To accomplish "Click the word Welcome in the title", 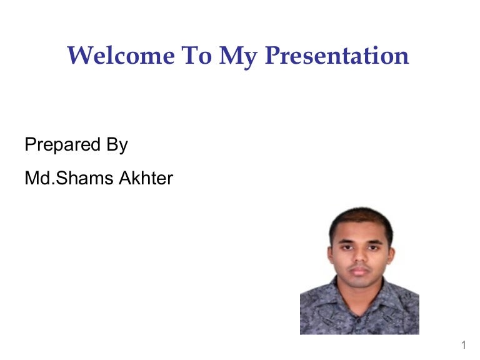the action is click(x=121, y=56).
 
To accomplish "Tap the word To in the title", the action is click(x=196, y=56).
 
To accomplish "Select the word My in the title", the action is click(x=239, y=57).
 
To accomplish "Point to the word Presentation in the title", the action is click(x=337, y=56).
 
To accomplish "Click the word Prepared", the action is click(x=62, y=145).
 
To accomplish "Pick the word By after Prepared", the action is click(x=117, y=145).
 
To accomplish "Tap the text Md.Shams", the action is click(x=69, y=178).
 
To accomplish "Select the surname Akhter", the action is click(x=146, y=178).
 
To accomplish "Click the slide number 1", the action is click(x=464, y=345).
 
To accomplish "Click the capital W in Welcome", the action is click(x=80, y=56).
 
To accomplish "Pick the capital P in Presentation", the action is click(x=274, y=56).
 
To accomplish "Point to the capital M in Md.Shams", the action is click(x=32, y=178).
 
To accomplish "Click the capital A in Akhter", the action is click(x=126, y=178).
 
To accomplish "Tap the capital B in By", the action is click(x=112, y=144).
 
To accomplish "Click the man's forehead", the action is click(x=361, y=233).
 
